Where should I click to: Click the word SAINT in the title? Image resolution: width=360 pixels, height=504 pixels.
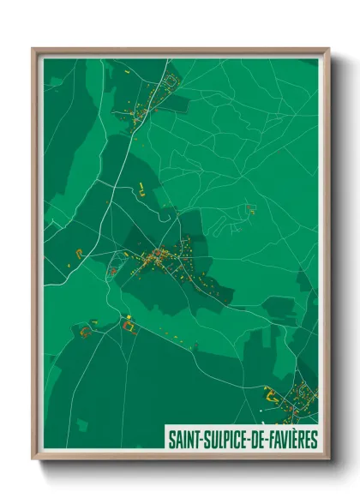point(184,440)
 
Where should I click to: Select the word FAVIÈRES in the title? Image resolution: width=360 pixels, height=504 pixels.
point(291,440)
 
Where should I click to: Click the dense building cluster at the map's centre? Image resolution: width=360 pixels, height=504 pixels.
point(159,255)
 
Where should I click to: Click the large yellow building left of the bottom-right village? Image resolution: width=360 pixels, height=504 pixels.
point(269,395)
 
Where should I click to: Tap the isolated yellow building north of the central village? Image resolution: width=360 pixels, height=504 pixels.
point(140,188)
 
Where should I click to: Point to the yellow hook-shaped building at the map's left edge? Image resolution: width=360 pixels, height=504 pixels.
point(81,252)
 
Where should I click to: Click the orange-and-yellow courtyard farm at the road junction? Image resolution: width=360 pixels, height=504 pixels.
point(129,325)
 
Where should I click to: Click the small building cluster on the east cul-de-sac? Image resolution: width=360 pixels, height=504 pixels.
point(249,208)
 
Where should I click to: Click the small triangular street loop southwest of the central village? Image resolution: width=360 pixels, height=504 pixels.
point(112,272)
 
